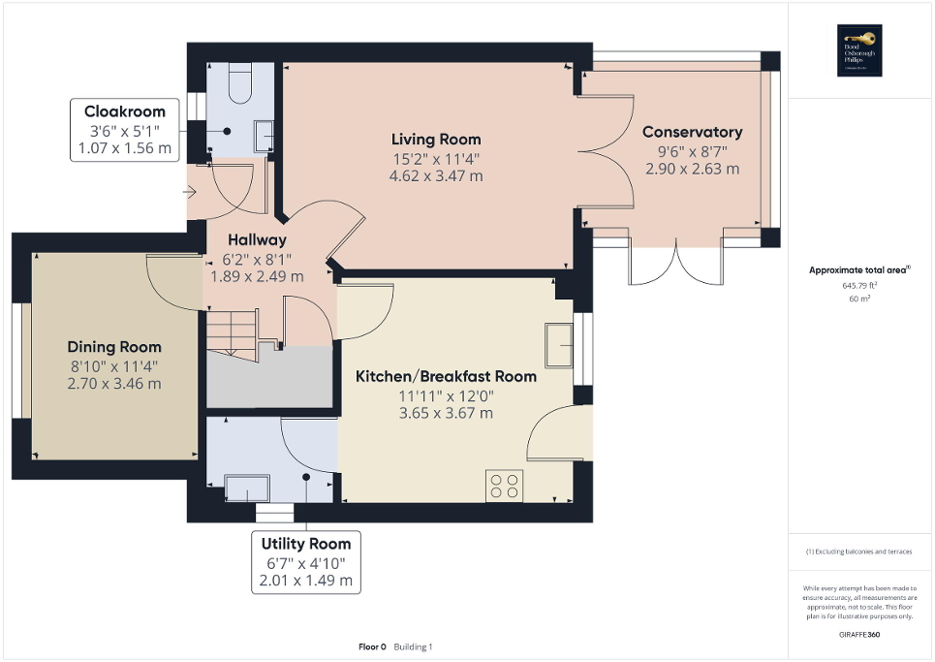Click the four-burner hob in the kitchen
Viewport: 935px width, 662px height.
pos(504,486)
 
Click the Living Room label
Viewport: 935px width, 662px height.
pos(436,140)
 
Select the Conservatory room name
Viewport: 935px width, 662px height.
pos(692,132)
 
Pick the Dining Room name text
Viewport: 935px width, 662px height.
pos(114,347)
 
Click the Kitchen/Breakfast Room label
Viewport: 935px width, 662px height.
pos(446,376)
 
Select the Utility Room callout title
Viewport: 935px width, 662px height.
pos(305,544)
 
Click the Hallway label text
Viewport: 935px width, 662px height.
pos(257,240)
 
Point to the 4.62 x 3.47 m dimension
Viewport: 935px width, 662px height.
pos(436,176)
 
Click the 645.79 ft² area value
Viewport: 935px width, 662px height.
pos(858,287)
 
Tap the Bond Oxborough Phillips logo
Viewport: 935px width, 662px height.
pos(858,50)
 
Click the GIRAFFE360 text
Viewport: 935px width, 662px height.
pos(858,633)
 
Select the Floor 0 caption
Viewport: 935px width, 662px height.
pos(372,646)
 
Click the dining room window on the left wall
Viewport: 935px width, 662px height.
pos(22,360)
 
